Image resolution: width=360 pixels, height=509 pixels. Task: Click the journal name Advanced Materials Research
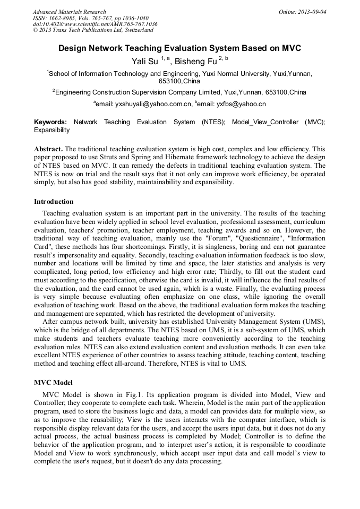click(x=69, y=12)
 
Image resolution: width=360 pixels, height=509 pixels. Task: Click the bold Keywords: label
click(x=50, y=122)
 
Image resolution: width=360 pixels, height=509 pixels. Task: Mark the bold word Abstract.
click(x=48, y=149)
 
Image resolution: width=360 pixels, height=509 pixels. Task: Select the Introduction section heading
click(x=54, y=202)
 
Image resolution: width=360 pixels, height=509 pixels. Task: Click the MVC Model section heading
click(x=53, y=383)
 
